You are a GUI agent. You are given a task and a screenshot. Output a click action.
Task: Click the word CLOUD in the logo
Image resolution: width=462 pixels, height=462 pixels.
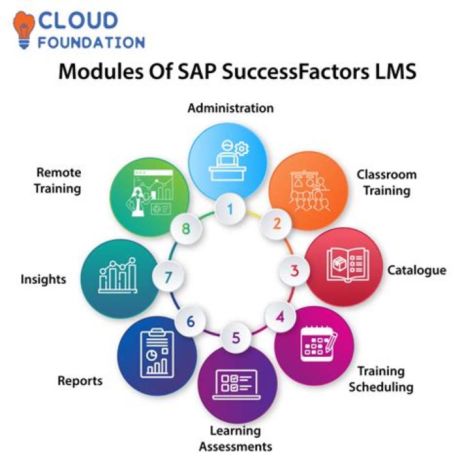tap(78, 21)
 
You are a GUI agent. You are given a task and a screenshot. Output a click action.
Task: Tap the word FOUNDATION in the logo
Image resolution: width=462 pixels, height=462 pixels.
tap(90, 43)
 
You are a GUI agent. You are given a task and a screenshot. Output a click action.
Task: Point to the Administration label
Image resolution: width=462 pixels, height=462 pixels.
tap(230, 108)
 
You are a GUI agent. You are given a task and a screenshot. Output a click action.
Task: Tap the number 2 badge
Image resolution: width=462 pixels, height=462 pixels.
tap(276, 223)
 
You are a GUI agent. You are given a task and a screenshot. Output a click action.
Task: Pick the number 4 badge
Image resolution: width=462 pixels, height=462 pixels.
tap(279, 316)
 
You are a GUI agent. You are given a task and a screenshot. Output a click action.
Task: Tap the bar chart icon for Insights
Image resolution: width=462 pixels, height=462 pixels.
tap(117, 277)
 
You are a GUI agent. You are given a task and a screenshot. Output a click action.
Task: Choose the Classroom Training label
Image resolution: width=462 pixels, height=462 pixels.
tap(386, 182)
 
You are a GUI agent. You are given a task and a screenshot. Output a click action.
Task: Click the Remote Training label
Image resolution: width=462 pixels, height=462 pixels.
tap(59, 180)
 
